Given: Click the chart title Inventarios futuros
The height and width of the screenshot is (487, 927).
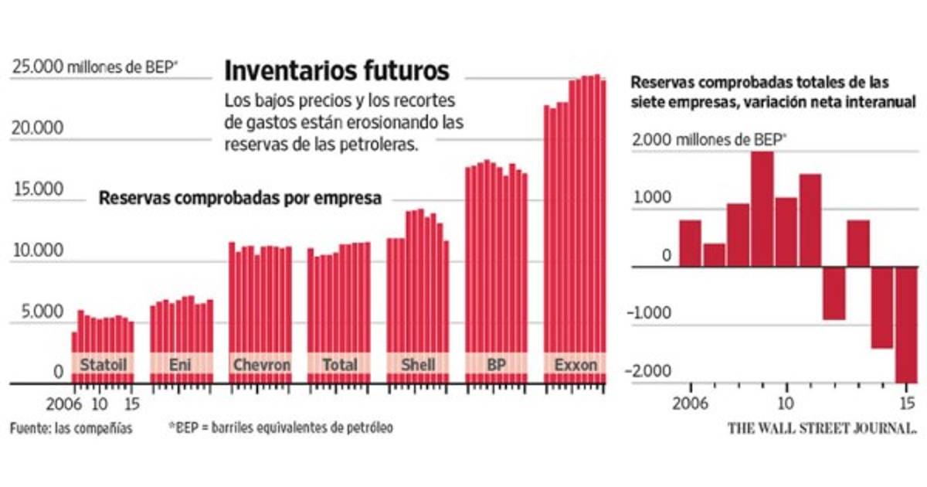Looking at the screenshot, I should [x=336, y=71].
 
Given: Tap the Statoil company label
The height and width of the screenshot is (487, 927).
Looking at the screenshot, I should [x=103, y=364].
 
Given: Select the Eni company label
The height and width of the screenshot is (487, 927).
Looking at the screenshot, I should [x=181, y=364].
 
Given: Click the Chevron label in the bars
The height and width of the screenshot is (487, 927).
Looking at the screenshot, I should [x=261, y=364].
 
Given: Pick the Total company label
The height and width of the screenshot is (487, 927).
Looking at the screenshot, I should [x=339, y=364].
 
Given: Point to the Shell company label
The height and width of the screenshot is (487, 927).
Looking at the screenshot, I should [x=418, y=364].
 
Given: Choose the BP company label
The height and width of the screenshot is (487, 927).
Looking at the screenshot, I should [x=496, y=364].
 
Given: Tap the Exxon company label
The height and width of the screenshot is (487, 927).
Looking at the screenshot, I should [x=576, y=364].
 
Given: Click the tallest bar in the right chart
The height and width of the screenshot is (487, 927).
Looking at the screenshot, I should [x=762, y=209].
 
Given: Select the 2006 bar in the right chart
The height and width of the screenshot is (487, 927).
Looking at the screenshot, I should [x=691, y=243].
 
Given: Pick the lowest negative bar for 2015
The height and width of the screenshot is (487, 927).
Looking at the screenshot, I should [x=905, y=325].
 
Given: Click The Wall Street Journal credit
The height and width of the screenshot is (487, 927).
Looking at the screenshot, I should [x=821, y=427].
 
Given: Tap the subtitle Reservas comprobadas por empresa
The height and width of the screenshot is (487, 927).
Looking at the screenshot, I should [x=240, y=198].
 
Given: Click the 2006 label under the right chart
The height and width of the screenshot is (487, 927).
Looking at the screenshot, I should [x=691, y=403].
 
